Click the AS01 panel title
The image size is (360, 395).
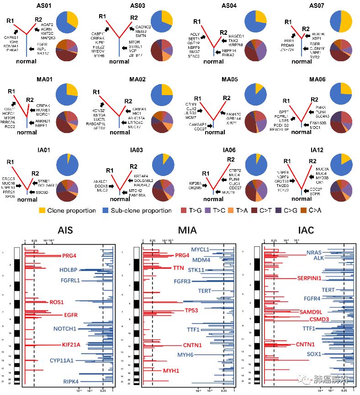pyautogui.click(x=47, y=6)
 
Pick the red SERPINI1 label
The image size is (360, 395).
pyautogui.click(x=310, y=278)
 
